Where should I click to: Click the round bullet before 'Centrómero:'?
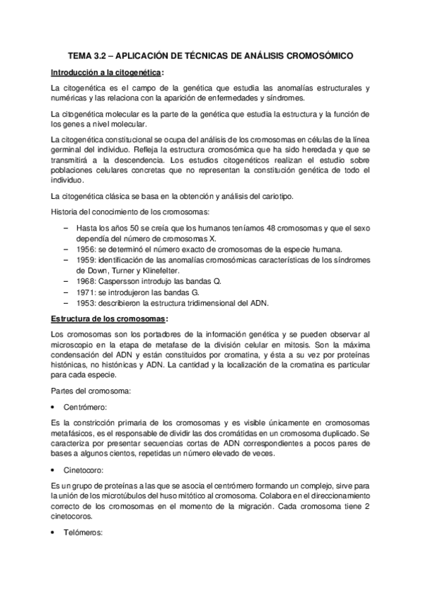point(54,406)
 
